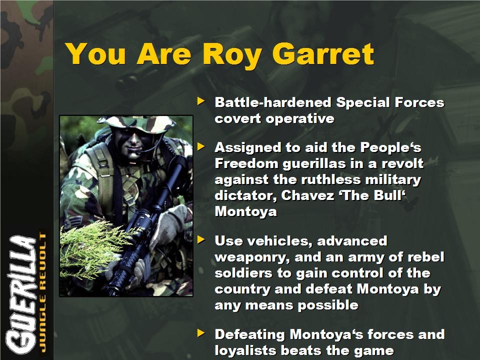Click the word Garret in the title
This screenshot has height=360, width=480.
click(x=323, y=54)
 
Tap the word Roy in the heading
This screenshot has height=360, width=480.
click(x=231, y=55)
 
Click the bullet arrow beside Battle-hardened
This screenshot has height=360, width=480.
click(x=201, y=100)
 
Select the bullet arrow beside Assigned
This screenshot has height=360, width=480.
click(x=201, y=146)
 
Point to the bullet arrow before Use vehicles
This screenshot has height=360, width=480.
click(x=201, y=239)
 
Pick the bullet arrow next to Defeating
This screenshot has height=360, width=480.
click(x=201, y=333)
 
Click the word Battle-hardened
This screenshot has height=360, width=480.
click(x=273, y=102)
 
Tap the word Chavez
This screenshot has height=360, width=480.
click(x=307, y=195)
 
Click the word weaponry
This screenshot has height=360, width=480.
click(x=252, y=258)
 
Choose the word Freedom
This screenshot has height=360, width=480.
click(x=246, y=163)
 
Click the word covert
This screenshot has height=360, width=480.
click(x=237, y=118)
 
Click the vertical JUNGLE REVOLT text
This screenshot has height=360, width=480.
click(x=43, y=292)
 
